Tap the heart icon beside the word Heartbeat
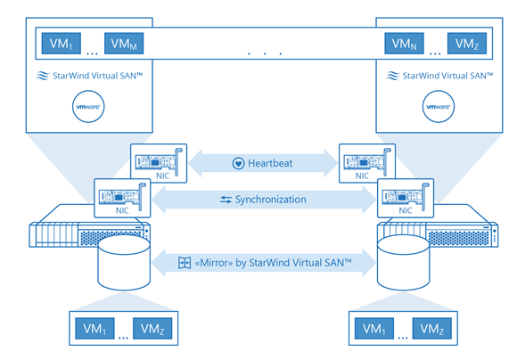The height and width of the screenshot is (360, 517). (238, 163)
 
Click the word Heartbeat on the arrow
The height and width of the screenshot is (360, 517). (271, 163)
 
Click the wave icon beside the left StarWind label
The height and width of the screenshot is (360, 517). (42, 78)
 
